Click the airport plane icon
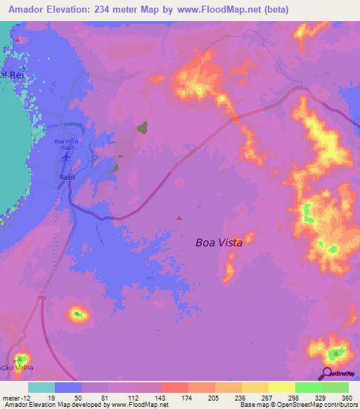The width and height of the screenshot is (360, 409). pyautogui.click(x=66, y=157)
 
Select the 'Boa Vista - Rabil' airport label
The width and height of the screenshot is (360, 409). pyautogui.click(x=67, y=144)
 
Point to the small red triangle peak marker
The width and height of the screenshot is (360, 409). pyautogui.click(x=179, y=217)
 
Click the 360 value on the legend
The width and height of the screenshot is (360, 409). pyautogui.click(x=345, y=397)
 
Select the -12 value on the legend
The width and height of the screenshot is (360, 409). pyautogui.click(x=26, y=397)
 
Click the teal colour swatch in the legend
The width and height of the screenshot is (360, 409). pyautogui.click(x=41, y=387)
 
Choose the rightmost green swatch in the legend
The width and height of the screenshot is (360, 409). pyautogui.click(x=335, y=387)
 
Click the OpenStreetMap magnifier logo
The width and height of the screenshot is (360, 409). pyautogui.click(x=328, y=374)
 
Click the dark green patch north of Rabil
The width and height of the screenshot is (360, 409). pyautogui.click(x=143, y=128)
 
